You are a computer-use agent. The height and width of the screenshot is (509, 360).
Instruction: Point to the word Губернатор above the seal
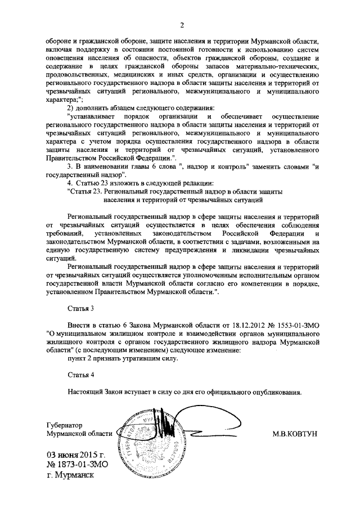pos(64,426)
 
